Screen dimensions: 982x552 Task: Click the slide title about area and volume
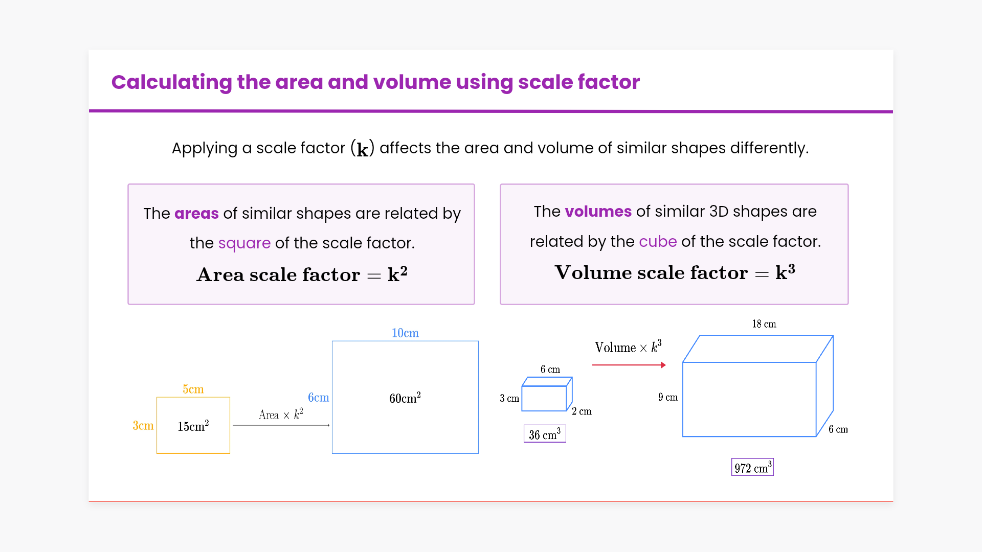pos(375,82)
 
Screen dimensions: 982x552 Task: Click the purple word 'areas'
pos(196,213)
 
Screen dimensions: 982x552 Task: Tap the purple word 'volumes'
pos(598,211)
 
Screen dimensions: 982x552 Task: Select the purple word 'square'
pos(244,243)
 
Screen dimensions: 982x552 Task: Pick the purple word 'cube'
pos(658,241)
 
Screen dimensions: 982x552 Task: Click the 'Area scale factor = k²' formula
pos(302,274)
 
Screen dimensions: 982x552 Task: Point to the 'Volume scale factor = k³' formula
pos(675,272)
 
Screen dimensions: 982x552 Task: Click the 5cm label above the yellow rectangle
pos(193,389)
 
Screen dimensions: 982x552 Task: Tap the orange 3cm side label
pos(143,425)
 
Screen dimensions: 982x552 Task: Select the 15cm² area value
pos(193,426)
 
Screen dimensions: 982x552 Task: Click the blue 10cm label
pos(405,333)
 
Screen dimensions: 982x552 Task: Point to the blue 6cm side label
pos(319,397)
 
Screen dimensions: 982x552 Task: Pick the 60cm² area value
pos(405,398)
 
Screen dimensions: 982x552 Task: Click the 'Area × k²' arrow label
pos(281,414)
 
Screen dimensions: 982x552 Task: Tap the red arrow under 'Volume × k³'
pos(629,365)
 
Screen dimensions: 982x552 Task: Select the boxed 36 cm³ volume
pos(545,434)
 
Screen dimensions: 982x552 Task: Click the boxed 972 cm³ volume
pos(752,467)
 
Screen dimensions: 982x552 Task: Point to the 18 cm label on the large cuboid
pos(764,324)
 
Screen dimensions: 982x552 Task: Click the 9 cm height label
pos(668,397)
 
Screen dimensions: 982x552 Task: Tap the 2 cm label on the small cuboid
pos(582,411)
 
